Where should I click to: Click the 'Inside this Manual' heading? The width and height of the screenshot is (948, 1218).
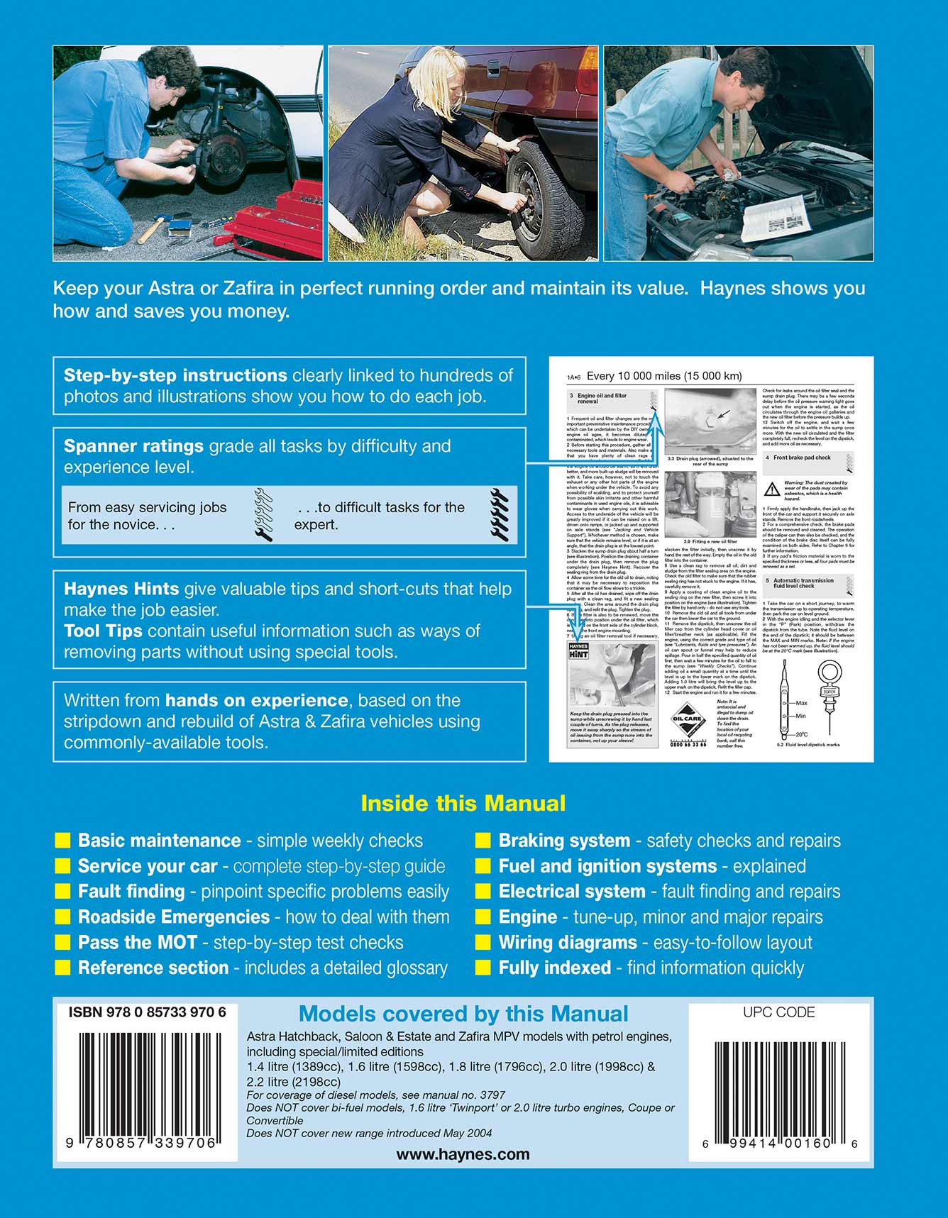[x=463, y=804]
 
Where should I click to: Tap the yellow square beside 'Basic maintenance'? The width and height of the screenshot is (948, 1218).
[x=63, y=841]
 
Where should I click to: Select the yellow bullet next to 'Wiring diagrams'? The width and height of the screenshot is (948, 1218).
[x=483, y=943]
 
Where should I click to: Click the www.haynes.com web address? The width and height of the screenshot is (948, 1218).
[x=463, y=1154]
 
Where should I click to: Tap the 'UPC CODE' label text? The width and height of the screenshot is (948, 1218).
[x=778, y=1012]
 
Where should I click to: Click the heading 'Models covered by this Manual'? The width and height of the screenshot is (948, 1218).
[x=463, y=1014]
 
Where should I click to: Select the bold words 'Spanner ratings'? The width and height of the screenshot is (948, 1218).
[x=133, y=446]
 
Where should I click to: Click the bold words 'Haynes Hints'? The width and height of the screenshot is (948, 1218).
[x=121, y=589]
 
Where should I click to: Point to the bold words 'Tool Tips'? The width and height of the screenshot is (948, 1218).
[x=103, y=631]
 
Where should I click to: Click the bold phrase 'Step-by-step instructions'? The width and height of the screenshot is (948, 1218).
[x=175, y=375]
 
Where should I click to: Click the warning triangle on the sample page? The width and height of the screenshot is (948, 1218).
[x=771, y=489]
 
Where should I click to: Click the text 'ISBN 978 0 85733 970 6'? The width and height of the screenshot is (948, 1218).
[x=148, y=1013]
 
